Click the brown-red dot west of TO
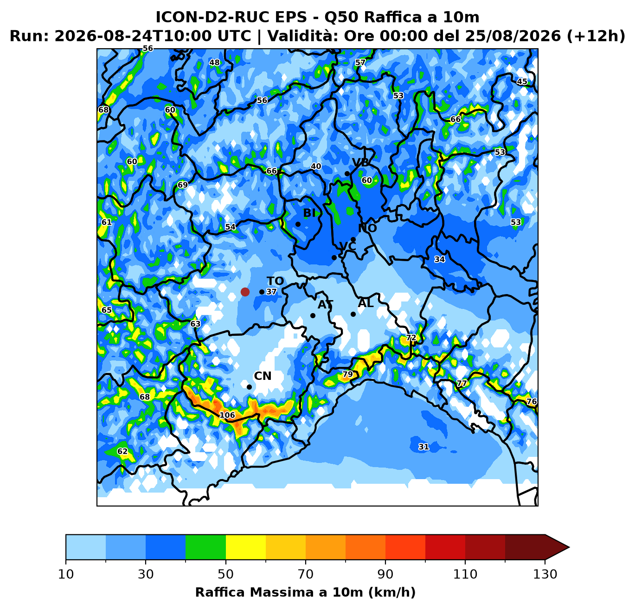pyautogui.click(x=245, y=292)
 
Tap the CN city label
pyautogui.click(x=263, y=376)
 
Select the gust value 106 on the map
pyautogui.click(x=227, y=415)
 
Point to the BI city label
pyautogui.click(x=309, y=213)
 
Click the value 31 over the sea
pyautogui.click(x=423, y=447)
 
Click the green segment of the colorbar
pyautogui.click(x=205, y=547)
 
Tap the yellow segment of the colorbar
pyautogui.click(x=246, y=547)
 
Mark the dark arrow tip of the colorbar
pyautogui.click(x=569, y=547)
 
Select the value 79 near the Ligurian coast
pyautogui.click(x=347, y=374)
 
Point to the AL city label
pyautogui.click(x=366, y=303)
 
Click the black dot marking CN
pyautogui.click(x=249, y=387)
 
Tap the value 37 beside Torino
pyautogui.click(x=271, y=292)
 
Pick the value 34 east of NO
pyautogui.click(x=440, y=259)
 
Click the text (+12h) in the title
pyautogui.click(x=596, y=36)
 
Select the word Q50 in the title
pyautogui.click(x=340, y=17)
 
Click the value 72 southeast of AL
pyautogui.click(x=411, y=338)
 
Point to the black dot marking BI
pyautogui.click(x=298, y=224)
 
